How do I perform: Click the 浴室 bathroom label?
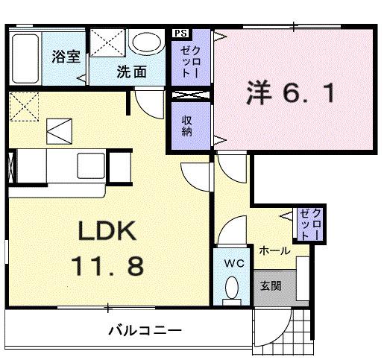[66, 57]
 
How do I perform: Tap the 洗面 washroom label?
[130, 72]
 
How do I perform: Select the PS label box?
[180, 34]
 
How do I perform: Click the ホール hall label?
[274, 252]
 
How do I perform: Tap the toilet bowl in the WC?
[232, 288]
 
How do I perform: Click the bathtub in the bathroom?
[25, 60]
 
